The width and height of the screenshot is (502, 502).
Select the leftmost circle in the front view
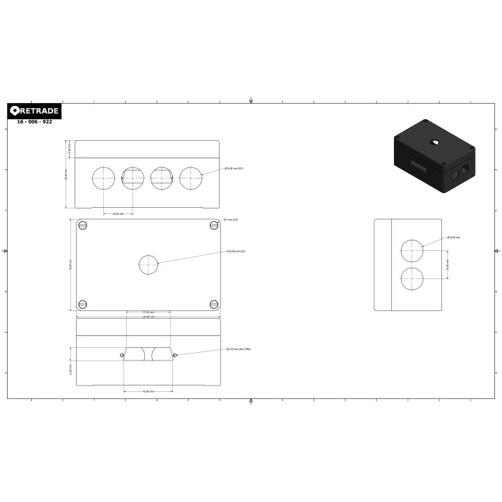103,178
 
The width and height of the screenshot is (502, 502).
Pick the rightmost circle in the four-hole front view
190,178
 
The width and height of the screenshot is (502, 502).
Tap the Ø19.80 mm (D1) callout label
234,169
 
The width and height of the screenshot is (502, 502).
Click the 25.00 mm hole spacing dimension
118,213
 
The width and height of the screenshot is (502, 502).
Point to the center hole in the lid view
149,265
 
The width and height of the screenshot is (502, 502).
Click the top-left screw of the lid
83,225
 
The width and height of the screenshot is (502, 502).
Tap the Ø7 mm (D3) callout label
231,220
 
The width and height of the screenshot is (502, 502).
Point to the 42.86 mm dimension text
148,391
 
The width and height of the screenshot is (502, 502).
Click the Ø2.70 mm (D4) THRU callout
238,349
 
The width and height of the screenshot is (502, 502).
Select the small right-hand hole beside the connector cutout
175,355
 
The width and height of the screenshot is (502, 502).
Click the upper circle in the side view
412,250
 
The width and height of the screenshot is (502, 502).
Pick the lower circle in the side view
412,277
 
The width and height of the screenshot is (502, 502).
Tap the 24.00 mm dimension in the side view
448,264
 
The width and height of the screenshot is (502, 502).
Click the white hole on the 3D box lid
434,142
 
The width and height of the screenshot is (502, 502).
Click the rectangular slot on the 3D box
418,165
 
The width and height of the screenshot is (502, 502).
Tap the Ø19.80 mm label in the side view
454,238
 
